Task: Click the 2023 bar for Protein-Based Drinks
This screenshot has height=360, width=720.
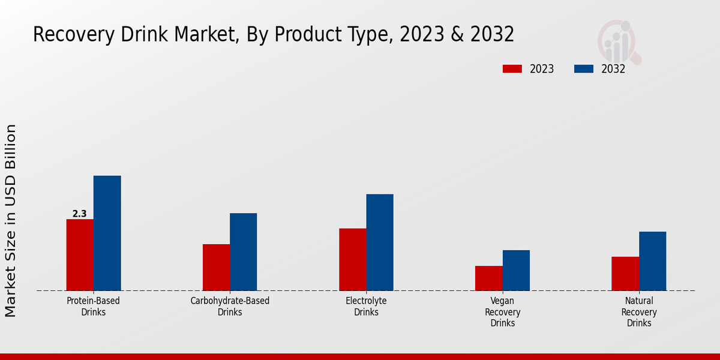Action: tap(80, 255)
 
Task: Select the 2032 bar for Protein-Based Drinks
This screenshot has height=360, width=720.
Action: tap(107, 233)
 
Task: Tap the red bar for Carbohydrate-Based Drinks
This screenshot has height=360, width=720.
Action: tap(216, 268)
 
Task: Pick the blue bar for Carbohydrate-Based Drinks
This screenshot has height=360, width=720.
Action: tap(243, 252)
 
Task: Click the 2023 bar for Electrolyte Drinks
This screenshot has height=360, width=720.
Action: tap(352, 260)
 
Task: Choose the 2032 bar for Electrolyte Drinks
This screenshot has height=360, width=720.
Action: tap(380, 242)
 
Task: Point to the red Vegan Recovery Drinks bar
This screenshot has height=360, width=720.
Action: tap(489, 278)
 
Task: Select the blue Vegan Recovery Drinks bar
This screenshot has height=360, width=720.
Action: tap(516, 271)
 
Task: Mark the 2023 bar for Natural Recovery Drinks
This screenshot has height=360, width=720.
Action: tap(625, 274)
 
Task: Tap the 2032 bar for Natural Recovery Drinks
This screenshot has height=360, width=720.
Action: tap(652, 261)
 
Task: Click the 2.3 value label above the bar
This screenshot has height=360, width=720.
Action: tap(80, 214)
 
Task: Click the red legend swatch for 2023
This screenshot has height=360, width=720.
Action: tap(512, 69)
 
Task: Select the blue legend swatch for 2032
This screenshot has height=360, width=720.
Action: tap(584, 69)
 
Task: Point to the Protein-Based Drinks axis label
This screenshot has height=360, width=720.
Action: tap(93, 306)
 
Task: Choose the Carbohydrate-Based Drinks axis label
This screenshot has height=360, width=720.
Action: tap(230, 306)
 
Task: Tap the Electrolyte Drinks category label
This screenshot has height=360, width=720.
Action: tap(366, 306)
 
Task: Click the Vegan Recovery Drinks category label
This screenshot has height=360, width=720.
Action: tap(503, 312)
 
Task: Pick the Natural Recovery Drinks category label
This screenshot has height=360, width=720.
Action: tap(639, 312)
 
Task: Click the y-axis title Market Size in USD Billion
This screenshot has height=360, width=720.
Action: tap(11, 220)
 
